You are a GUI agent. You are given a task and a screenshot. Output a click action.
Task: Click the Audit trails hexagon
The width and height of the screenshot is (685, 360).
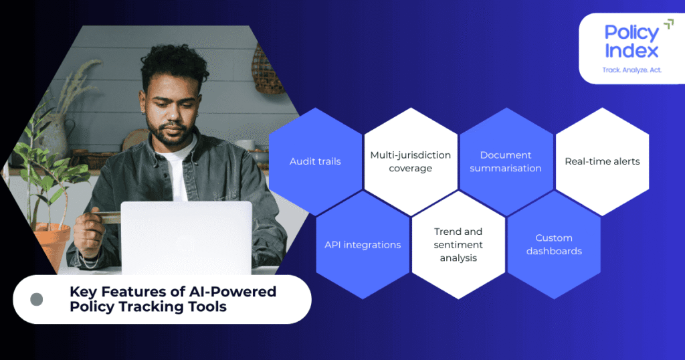315,161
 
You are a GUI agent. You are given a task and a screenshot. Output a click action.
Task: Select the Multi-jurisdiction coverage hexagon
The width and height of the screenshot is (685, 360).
410,161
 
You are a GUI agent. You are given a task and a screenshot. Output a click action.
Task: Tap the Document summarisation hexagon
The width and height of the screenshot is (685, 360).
506,161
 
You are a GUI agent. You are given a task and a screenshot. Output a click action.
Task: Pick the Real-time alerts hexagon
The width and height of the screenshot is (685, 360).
602,161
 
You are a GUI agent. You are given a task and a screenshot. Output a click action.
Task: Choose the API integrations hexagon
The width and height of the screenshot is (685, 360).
363,245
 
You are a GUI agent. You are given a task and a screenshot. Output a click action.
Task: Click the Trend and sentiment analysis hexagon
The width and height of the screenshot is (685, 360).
458,245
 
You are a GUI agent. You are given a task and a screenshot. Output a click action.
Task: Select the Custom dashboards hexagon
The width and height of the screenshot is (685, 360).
554,245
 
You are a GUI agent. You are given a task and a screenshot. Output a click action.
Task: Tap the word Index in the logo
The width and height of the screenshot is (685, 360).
631,51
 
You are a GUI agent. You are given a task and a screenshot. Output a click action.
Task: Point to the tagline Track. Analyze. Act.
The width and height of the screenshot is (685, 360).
632,69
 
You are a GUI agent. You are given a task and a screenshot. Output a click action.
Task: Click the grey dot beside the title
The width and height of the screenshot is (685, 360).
37,299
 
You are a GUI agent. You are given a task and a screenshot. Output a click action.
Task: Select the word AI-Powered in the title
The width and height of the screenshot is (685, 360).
237,292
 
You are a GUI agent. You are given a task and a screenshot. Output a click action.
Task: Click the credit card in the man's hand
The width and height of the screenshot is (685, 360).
106,217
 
